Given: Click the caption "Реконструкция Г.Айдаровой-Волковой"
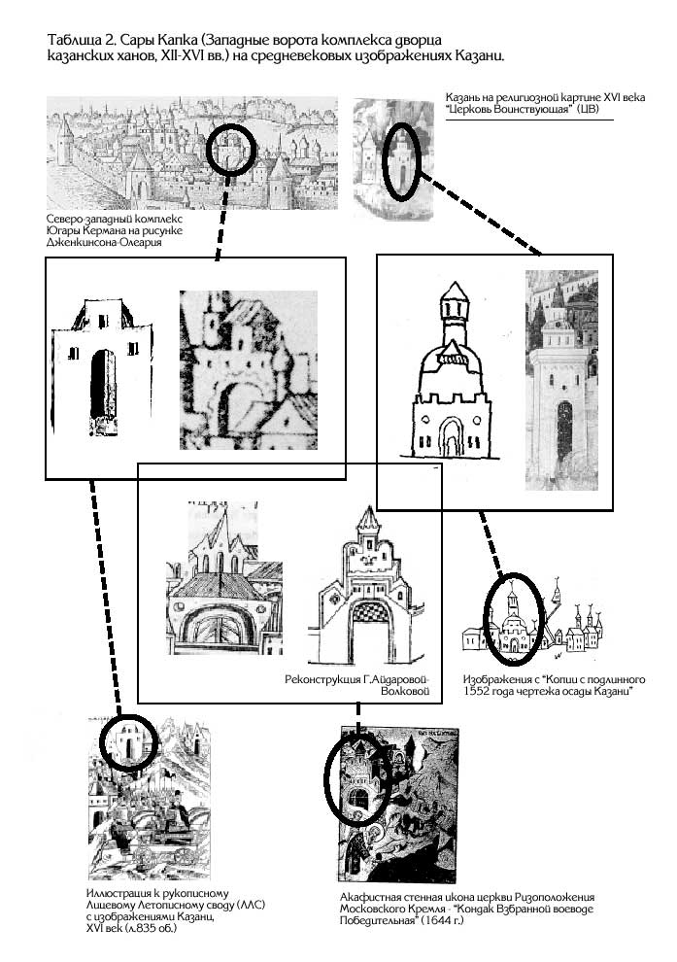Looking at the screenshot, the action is coord(356,685).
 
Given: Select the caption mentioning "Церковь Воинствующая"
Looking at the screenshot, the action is coord(545,103).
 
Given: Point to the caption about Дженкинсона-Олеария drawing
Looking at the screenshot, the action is coord(114,230).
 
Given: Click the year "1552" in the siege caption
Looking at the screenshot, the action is coord(476,692).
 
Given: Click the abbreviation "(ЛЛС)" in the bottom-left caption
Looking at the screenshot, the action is coord(252,905).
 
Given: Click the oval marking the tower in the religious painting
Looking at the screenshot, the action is coord(401,161).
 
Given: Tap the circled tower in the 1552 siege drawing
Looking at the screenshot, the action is coord(513,620).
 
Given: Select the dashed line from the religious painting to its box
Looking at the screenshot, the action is coord(480,214).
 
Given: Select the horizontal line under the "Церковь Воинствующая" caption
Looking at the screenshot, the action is coord(529,120).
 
